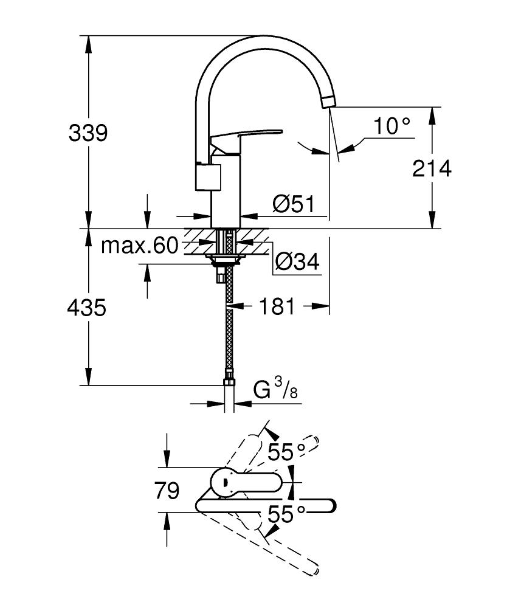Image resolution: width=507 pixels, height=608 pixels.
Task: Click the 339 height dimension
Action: click(88, 133)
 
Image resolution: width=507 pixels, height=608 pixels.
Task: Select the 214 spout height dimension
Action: click(432, 168)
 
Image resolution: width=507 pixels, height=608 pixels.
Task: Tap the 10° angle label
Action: click(391, 126)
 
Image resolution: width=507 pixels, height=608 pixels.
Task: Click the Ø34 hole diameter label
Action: click(297, 262)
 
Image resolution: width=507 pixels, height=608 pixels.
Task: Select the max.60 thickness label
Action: click(139, 246)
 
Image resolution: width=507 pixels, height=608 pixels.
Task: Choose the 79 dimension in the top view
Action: click(167, 490)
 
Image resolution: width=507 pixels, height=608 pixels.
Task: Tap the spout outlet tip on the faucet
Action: click(327, 101)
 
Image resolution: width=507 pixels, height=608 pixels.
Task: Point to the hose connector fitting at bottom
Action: click(229, 382)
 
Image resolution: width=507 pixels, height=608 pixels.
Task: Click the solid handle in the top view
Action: click(243, 482)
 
